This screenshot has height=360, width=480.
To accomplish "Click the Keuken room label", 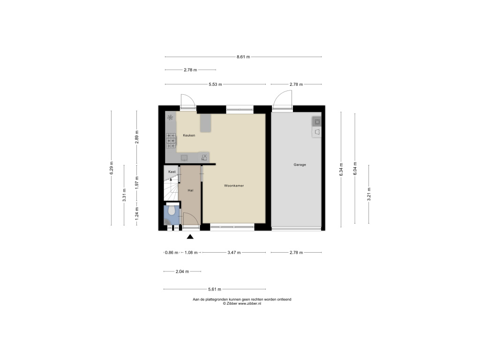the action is [x=189, y=135].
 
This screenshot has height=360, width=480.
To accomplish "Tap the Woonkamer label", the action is [x=234, y=186].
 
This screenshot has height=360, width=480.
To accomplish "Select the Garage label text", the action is [x=300, y=165].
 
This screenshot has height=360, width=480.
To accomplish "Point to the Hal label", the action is [x=190, y=190].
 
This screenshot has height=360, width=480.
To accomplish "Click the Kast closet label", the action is [x=172, y=172].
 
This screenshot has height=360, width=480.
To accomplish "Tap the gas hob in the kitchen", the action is [x=171, y=141].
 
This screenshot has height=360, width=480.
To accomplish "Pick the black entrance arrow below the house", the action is [x=190, y=236].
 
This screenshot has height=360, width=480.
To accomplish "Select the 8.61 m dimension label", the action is [x=243, y=57].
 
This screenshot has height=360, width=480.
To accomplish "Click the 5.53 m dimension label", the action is [x=215, y=84].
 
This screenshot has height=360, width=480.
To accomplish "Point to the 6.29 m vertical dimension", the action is [x=112, y=168].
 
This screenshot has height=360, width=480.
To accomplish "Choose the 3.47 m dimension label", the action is [x=234, y=253].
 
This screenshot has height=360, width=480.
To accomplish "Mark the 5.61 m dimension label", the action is [x=215, y=289].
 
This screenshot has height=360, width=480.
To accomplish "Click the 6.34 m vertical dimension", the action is [x=341, y=169].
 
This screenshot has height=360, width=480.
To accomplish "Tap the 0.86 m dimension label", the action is [x=172, y=253].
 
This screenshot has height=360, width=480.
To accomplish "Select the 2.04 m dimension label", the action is [x=182, y=271].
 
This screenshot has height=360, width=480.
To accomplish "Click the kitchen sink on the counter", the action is [x=184, y=157].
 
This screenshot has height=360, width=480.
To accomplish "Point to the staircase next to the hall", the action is [x=171, y=189].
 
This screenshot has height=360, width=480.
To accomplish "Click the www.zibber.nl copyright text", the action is [x=242, y=304].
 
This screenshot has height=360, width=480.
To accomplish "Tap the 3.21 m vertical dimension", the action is [x=369, y=195].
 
